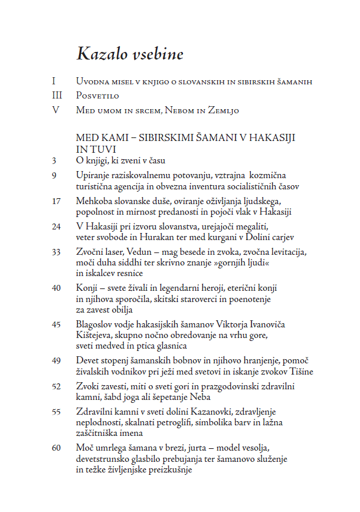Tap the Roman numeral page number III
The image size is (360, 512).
[x=56, y=96]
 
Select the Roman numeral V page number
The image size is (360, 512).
[x=55, y=110]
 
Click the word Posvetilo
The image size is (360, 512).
[x=98, y=96]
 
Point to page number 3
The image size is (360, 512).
[x=54, y=160]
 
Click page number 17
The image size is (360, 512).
[x=56, y=201]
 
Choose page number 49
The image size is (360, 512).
[x=56, y=360]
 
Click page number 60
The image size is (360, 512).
[x=56, y=448]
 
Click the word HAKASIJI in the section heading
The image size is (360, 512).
[x=269, y=137]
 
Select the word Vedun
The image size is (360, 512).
[x=140, y=252]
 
